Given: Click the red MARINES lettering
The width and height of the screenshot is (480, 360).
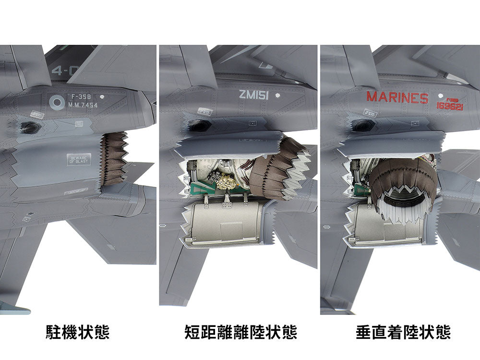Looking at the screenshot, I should (x=397, y=97).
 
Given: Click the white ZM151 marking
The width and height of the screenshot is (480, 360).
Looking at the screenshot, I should (x=253, y=95).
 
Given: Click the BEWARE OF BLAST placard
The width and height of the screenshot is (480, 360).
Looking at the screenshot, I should (x=78, y=159).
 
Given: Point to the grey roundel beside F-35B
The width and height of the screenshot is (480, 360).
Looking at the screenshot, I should (x=57, y=101).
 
